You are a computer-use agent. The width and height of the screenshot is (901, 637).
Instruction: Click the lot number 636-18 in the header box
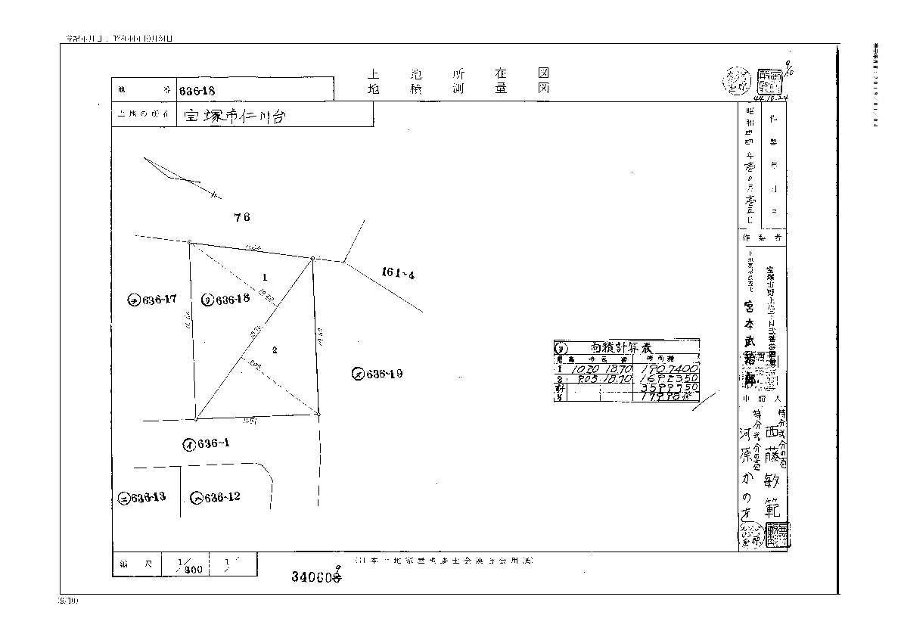[198, 90]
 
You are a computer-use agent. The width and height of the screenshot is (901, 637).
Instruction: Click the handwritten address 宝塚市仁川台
[235, 117]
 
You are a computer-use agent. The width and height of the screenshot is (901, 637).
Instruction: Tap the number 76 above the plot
[241, 217]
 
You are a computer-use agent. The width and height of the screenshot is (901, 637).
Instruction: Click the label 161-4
[398, 274]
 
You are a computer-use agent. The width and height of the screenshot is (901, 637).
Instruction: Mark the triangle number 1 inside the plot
[264, 277]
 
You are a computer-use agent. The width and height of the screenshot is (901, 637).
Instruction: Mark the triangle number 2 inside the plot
[275, 350]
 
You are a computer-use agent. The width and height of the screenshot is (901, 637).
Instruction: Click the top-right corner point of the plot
[312, 259]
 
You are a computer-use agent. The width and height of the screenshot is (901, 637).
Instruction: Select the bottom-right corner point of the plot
[318, 414]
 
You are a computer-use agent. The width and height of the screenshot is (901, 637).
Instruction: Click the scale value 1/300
[188, 566]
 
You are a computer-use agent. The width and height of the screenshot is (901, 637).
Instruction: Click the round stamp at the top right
[737, 79]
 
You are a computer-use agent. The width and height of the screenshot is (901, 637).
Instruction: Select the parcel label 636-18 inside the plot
[226, 300]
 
